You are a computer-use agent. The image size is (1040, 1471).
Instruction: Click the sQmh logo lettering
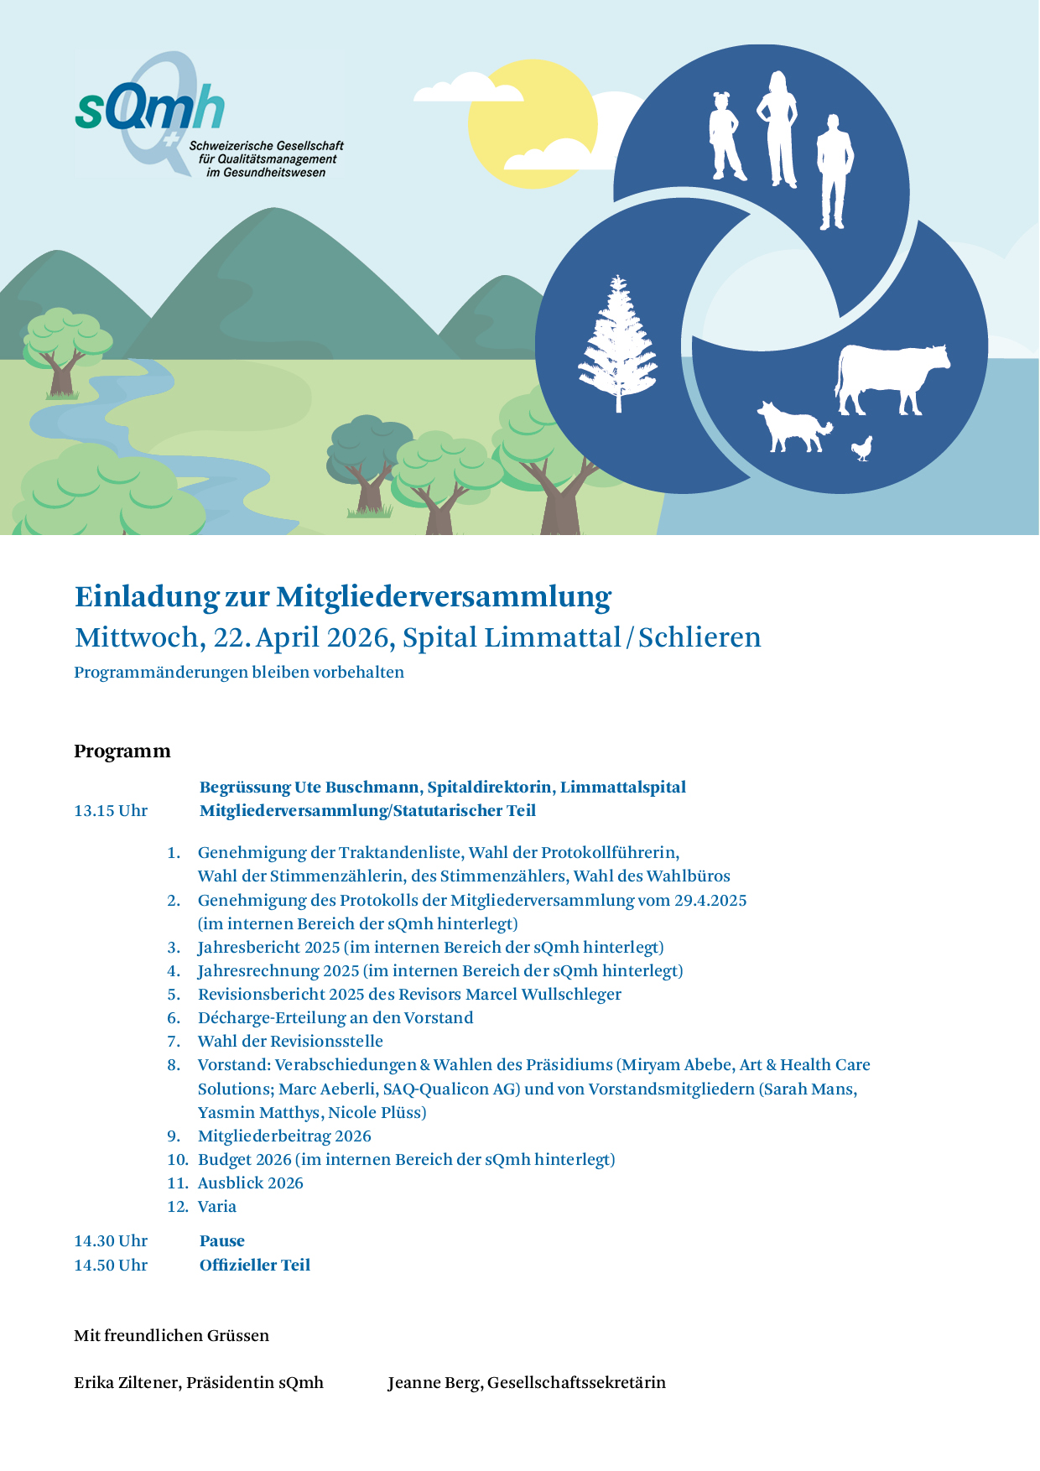[149, 107]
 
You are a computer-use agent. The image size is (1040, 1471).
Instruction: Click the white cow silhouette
[891, 379]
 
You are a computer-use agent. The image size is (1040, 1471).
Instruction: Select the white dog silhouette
[793, 426]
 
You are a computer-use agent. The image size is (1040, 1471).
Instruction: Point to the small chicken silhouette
[862, 449]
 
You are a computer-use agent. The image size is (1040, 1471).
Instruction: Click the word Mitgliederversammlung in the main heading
[444, 596]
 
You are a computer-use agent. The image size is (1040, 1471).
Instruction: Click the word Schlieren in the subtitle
[699, 637]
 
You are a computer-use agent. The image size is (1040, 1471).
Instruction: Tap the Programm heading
[122, 751]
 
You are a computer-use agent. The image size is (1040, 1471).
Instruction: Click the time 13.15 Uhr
[111, 811]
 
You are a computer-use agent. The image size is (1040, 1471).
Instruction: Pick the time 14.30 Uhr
[111, 1241]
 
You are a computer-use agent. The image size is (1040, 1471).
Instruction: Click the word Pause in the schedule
[222, 1241]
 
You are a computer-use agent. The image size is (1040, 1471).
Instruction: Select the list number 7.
[174, 1042]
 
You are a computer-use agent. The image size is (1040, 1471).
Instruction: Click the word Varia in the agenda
[217, 1207]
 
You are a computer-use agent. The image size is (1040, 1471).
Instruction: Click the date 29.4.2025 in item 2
[710, 901]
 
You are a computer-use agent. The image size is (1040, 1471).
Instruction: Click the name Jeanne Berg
[434, 1383]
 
